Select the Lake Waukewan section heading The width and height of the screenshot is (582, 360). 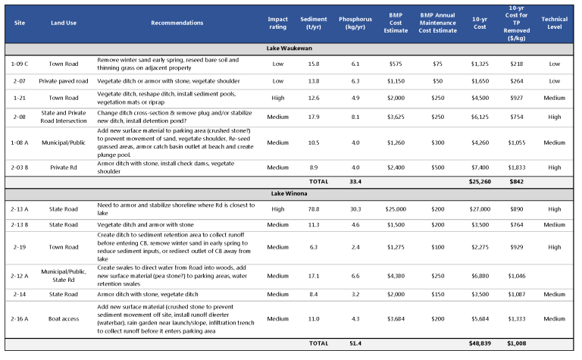point(290,47)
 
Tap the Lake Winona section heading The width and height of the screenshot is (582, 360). point(290,193)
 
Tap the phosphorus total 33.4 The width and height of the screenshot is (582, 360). point(354,181)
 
